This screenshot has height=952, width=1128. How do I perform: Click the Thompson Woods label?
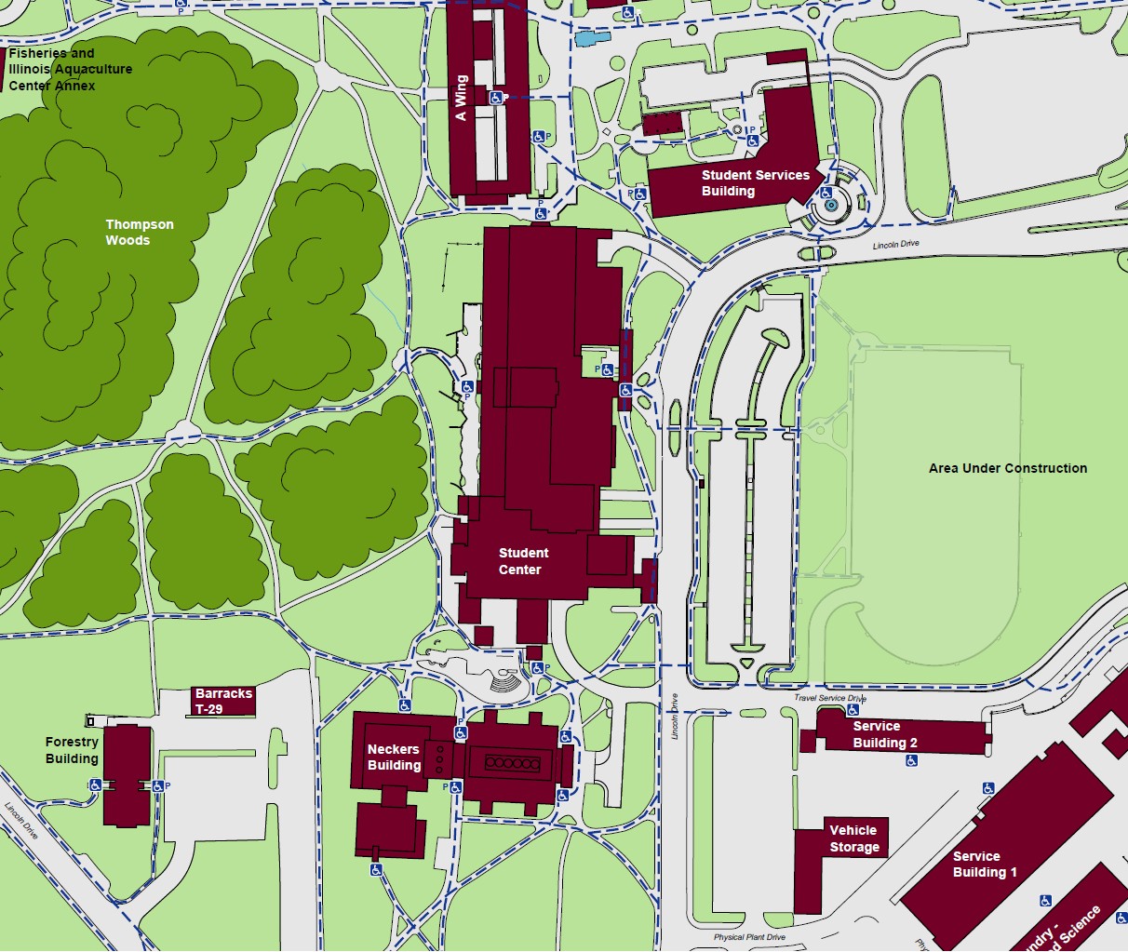pyautogui.click(x=139, y=233)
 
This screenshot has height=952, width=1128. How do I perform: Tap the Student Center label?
pyautogui.click(x=522, y=561)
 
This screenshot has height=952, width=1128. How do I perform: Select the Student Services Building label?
pyautogui.click(x=755, y=182)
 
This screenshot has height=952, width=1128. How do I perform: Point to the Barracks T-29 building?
pyautogui.click(x=223, y=701)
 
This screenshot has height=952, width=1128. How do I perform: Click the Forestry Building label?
pyautogui.click(x=72, y=750)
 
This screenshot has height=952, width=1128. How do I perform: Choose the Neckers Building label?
pyautogui.click(x=394, y=757)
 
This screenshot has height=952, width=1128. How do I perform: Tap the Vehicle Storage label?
pyautogui.click(x=853, y=838)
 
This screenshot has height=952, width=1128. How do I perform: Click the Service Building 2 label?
pyautogui.click(x=884, y=734)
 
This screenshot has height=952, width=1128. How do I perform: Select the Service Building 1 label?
pyautogui.click(x=984, y=864)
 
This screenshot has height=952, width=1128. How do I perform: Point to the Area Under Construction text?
pyautogui.click(x=1007, y=468)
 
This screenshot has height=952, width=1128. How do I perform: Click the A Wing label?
pyautogui.click(x=461, y=98)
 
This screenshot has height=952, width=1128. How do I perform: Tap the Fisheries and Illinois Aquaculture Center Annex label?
pyautogui.click(x=70, y=70)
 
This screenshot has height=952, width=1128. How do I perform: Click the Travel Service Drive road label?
pyautogui.click(x=829, y=698)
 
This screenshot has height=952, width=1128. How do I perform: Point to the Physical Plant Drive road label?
pyautogui.click(x=749, y=937)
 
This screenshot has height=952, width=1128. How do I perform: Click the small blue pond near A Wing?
pyautogui.click(x=592, y=39)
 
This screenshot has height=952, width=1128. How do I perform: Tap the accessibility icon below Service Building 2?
pyautogui.click(x=911, y=760)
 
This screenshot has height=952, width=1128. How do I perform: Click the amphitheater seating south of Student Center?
pyautogui.click(x=507, y=684)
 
